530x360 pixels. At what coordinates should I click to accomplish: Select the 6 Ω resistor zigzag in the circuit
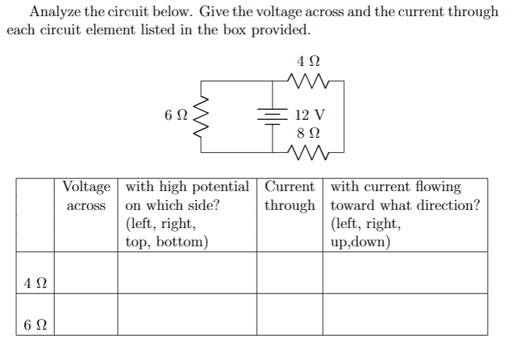(x=200, y=117)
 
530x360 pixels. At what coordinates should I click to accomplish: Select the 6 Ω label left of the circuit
(x=174, y=115)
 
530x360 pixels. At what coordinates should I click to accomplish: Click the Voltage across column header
(x=86, y=196)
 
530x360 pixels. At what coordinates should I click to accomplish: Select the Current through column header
(x=289, y=196)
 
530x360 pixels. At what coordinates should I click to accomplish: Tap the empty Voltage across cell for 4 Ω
(x=86, y=273)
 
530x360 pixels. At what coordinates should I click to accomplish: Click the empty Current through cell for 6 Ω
(x=289, y=314)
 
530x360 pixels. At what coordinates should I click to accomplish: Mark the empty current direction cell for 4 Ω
(x=405, y=273)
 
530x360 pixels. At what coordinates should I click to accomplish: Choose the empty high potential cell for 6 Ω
(x=187, y=314)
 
